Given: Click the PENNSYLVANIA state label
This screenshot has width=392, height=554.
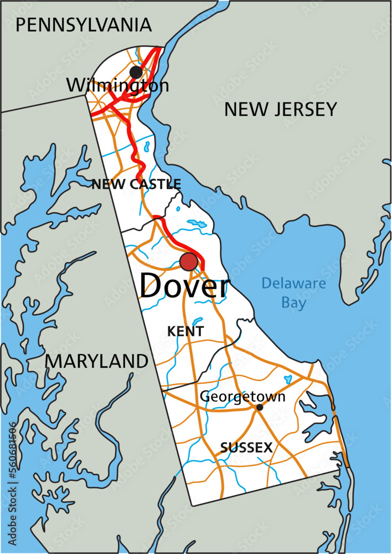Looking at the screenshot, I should click(x=84, y=25).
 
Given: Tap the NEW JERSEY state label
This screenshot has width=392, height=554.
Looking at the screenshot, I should click(x=280, y=110).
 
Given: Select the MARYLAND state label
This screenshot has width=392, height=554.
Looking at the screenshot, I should click(x=96, y=361).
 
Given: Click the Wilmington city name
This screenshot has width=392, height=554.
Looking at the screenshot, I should click(x=117, y=85).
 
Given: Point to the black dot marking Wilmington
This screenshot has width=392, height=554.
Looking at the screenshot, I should click(x=136, y=72).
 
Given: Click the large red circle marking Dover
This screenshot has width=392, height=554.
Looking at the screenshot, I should click(x=189, y=261).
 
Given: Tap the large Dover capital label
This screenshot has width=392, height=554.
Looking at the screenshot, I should click(x=184, y=286).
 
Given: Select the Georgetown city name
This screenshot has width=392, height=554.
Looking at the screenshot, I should click(x=243, y=397).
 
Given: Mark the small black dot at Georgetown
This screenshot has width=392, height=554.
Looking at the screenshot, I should click(x=260, y=407).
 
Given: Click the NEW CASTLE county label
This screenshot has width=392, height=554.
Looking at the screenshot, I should click(x=136, y=184).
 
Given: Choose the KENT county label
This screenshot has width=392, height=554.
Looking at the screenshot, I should click(x=185, y=331).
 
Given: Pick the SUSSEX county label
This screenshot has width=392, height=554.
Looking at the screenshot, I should click(x=246, y=448).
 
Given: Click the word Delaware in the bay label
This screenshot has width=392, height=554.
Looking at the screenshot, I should click(x=293, y=284).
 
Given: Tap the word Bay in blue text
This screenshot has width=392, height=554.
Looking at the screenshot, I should click(x=293, y=303).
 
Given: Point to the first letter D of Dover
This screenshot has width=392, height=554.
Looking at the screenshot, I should click(x=151, y=286).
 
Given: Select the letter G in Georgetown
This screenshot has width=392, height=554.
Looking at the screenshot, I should click(x=205, y=397).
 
